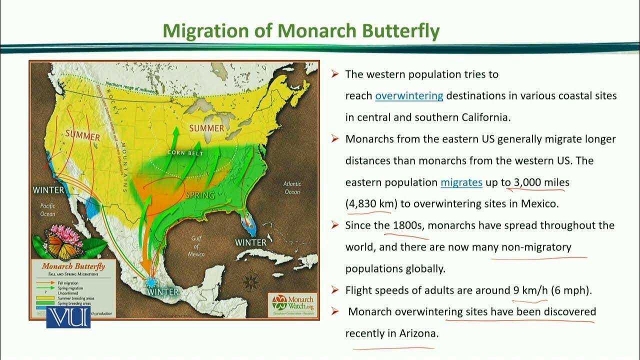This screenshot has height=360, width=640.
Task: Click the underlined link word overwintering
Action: tap(409, 95)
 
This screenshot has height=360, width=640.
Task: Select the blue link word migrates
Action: tap(461, 182)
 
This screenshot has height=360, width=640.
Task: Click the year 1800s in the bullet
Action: tap(408, 225)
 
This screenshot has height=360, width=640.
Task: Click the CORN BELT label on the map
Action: tap(185, 153)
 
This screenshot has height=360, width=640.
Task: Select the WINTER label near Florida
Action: tap(251, 242)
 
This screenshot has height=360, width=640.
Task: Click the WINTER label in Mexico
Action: tap(163, 291)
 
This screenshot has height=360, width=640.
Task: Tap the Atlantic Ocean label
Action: tap(292, 188)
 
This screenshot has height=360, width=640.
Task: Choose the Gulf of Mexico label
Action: tap(196, 246)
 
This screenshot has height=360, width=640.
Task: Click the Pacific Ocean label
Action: tap(48, 209)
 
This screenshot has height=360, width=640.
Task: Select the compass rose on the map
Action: tap(250, 280)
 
